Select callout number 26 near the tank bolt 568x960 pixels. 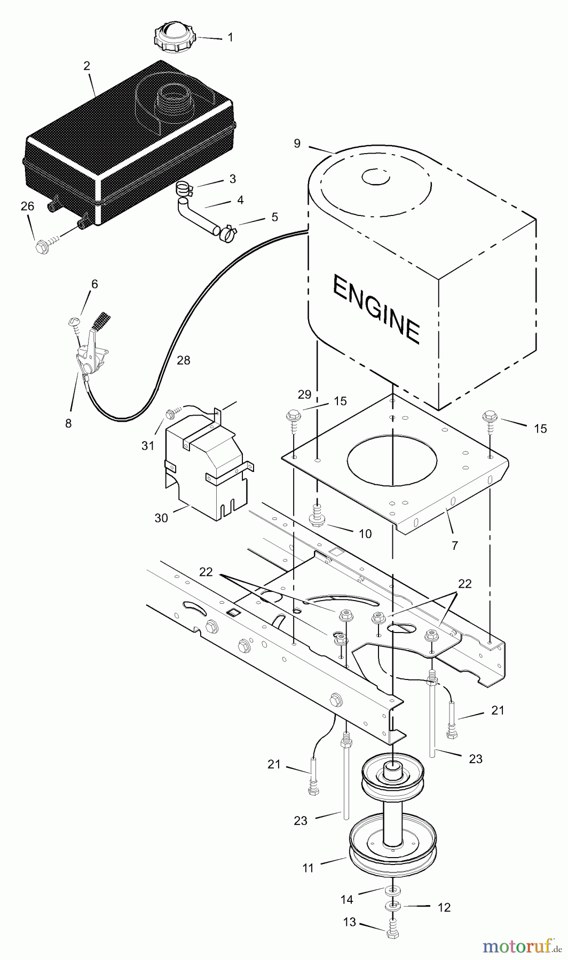(27, 206)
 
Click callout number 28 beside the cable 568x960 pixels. (183, 361)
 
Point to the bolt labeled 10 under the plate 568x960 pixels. (317, 515)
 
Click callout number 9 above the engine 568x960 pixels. (297, 143)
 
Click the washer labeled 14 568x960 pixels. (392, 891)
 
